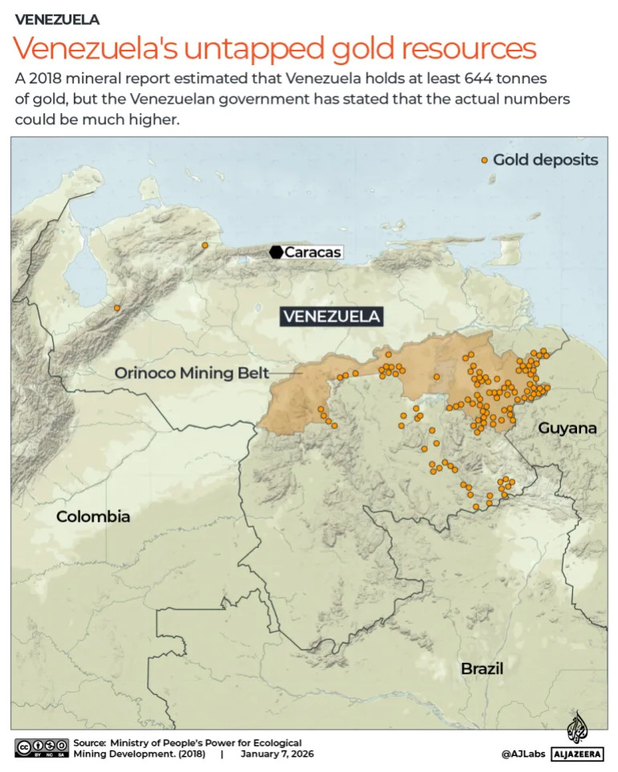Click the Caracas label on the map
(x=313, y=253)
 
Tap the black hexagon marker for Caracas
(x=276, y=253)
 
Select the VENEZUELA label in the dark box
(x=331, y=316)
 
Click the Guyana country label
(x=567, y=429)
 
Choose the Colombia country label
(x=93, y=517)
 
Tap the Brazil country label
(x=482, y=668)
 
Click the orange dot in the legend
(x=484, y=160)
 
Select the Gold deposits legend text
(x=545, y=160)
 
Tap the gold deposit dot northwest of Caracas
(x=205, y=246)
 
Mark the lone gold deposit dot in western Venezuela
(x=117, y=308)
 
